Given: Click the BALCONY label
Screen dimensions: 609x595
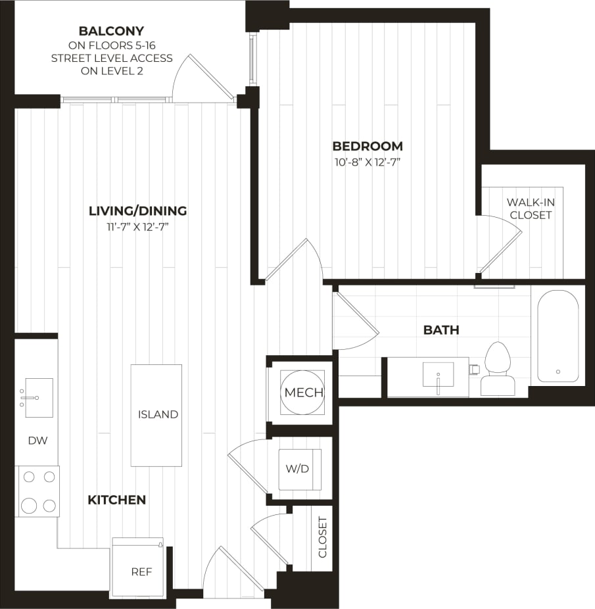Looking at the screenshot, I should [111, 31].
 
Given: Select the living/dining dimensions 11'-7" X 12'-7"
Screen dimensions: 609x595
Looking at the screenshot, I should [138, 227].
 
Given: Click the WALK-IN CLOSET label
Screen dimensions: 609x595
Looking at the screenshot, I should [531, 208].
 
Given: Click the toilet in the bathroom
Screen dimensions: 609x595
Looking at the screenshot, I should [497, 369].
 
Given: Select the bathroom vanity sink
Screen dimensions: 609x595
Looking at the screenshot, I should [438, 377].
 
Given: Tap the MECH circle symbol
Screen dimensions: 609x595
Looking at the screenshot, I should [303, 393].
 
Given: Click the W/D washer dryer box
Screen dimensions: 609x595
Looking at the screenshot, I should [299, 469].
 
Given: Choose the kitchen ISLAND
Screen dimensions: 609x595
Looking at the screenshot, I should [156, 414].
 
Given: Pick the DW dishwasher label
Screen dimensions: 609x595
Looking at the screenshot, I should [37, 441].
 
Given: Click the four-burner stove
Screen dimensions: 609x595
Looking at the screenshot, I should [38, 491].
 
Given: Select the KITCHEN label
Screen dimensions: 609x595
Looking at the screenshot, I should [116, 500].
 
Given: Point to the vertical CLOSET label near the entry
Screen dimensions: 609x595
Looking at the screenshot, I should [323, 537].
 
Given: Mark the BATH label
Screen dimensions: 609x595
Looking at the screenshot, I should [441, 330].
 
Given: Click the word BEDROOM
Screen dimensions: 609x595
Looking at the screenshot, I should [367, 146].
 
